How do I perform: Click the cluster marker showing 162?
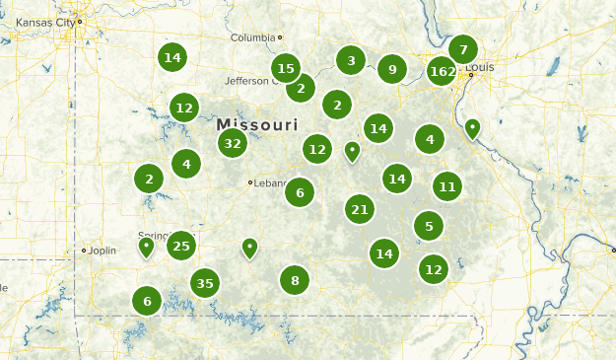click(443, 71)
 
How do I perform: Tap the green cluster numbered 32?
click(233, 143)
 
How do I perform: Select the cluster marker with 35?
click(204, 284)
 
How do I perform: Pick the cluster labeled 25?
click(181, 246)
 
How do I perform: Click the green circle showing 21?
click(360, 208)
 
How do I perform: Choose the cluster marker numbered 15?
click(286, 68)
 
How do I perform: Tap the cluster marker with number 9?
click(392, 69)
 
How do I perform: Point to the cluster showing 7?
click(462, 48)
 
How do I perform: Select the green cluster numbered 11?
click(447, 185)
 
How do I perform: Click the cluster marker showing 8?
click(295, 281)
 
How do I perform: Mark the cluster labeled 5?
click(429, 226)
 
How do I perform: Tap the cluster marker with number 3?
click(351, 60)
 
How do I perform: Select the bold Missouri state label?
click(256, 125)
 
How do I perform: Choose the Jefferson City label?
click(247, 80)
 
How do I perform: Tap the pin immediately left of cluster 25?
click(147, 245)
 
